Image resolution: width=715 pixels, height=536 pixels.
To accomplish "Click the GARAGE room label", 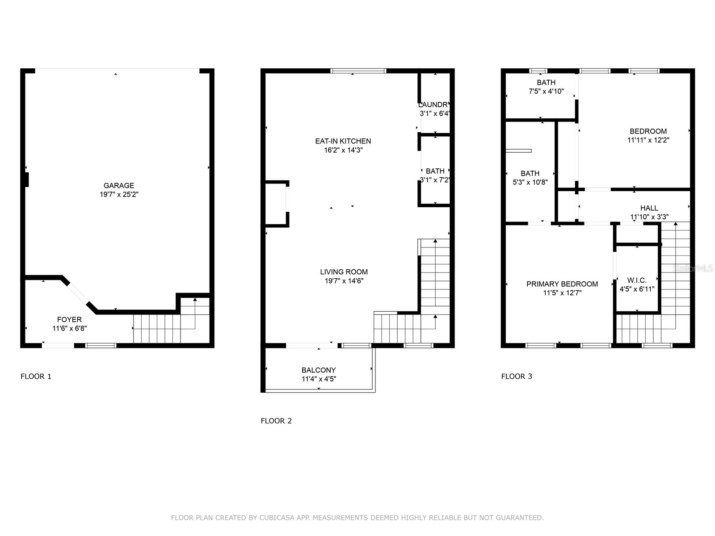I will click(x=118, y=185).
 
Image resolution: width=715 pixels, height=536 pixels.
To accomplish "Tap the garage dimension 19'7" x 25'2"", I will click(x=118, y=195).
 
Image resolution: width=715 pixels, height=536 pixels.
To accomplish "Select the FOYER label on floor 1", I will click(x=69, y=319).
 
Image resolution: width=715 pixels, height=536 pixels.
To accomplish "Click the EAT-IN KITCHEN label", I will click(x=343, y=141).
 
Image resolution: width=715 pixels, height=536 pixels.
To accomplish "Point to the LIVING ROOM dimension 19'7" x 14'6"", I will click(x=344, y=281).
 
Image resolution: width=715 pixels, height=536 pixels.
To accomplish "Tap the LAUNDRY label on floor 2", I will click(x=434, y=105).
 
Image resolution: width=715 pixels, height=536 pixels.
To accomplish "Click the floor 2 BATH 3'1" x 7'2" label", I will click(x=435, y=171).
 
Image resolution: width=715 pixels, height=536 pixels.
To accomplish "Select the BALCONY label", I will click(x=318, y=370).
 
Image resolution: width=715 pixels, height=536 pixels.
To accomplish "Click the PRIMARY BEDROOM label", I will click(x=562, y=284).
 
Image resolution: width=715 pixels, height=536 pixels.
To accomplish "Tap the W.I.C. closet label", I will click(x=636, y=280).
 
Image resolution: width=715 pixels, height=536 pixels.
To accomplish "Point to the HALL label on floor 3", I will click(x=649, y=208).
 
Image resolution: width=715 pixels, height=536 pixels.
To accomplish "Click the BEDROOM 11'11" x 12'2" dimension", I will click(x=648, y=140).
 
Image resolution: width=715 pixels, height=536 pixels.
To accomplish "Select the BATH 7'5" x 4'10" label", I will click(x=546, y=83).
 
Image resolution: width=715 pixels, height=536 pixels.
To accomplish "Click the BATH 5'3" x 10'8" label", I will click(x=530, y=173).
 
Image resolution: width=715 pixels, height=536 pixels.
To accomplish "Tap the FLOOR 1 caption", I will click(x=36, y=376).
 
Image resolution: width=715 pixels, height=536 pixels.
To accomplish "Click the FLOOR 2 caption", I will click(x=276, y=421).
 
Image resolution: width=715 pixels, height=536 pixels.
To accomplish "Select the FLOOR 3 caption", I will click(x=517, y=376).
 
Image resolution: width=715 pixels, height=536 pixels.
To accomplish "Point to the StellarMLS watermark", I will click(x=693, y=268).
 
